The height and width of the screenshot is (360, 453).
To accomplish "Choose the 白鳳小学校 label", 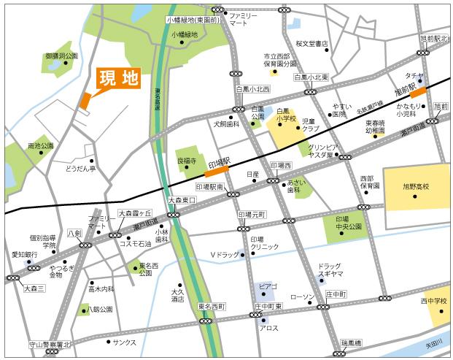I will click(286, 117).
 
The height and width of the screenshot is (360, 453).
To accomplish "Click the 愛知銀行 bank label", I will click(24, 254).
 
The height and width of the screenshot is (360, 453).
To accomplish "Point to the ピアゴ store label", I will click(268, 286).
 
